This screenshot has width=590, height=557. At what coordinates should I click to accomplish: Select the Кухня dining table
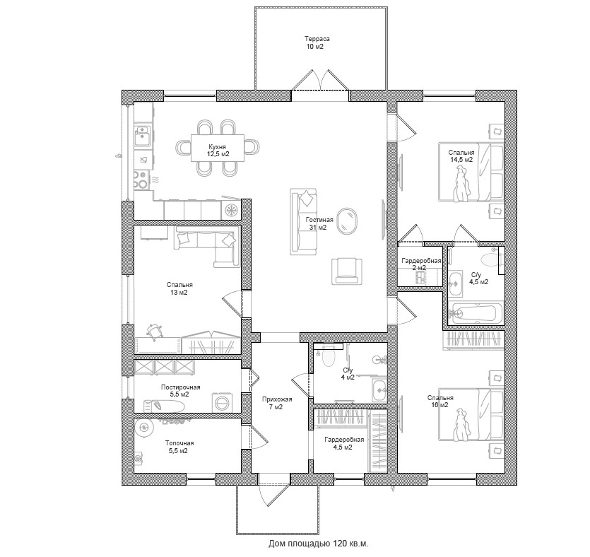pos(218,148)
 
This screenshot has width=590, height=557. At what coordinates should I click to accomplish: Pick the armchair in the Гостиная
pos(347,271)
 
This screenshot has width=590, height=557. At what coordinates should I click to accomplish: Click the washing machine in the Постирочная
pos(223,403)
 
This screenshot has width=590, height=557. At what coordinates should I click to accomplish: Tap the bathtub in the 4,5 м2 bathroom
pos(476,314)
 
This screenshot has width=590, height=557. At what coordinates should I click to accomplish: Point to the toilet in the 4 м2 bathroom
pos(329,356)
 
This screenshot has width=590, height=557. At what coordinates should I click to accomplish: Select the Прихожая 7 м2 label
pos(277,403)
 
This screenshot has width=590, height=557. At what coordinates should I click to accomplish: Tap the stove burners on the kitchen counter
pos(141,180)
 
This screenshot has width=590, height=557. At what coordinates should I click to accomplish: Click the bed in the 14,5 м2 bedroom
pos(471,172)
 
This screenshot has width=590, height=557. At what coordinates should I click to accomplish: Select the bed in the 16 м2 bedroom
pos(471,414)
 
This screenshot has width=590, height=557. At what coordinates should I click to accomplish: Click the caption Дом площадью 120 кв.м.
pos(318,544)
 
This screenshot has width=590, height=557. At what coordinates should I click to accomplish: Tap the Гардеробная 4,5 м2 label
pos(344,443)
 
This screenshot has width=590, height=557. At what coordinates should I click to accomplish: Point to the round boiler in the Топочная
pos(143,427)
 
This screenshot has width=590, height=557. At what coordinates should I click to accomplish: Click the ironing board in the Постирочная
pos(164,406)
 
